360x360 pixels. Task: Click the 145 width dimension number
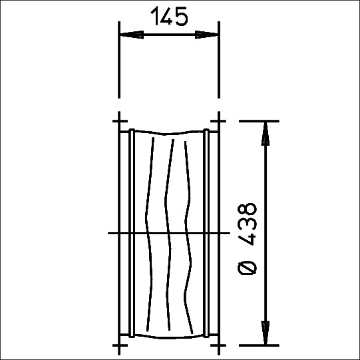[170, 16]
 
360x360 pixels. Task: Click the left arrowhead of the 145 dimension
[132, 35]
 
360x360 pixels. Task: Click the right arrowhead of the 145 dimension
[206, 35]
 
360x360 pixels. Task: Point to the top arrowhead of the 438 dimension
[266, 134]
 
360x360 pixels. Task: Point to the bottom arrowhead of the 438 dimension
[266, 333]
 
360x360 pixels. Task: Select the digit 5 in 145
[182, 16]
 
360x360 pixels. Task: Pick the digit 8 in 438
[247, 210]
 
